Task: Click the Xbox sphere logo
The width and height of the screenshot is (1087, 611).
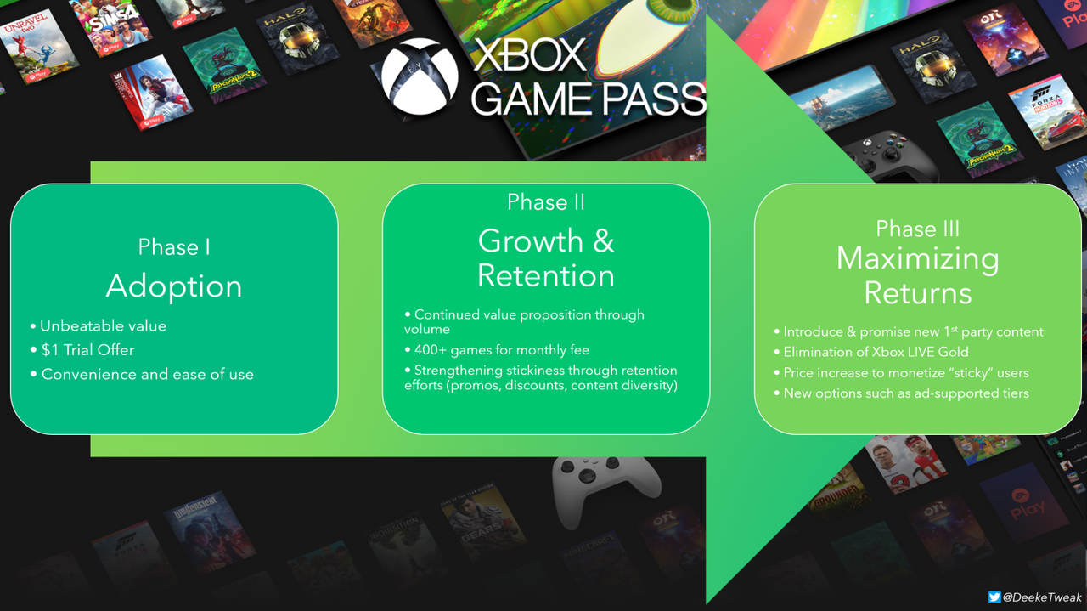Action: tap(420, 77)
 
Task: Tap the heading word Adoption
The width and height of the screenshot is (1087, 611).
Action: tap(174, 286)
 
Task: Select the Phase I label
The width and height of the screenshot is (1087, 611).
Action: tap(174, 247)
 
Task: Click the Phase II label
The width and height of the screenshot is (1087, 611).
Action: tap(546, 202)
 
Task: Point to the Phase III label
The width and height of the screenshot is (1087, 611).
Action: tap(917, 229)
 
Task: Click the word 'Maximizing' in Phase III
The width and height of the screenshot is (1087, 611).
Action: tap(917, 258)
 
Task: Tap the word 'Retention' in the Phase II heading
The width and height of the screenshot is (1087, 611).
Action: tap(546, 275)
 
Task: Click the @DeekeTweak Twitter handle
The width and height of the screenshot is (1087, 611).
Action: tap(1042, 597)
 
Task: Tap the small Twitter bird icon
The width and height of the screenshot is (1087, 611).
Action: tap(994, 597)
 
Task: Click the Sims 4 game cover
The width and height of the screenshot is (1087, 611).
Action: tap(115, 25)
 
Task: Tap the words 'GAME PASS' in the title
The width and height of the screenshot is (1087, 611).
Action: tap(588, 99)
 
